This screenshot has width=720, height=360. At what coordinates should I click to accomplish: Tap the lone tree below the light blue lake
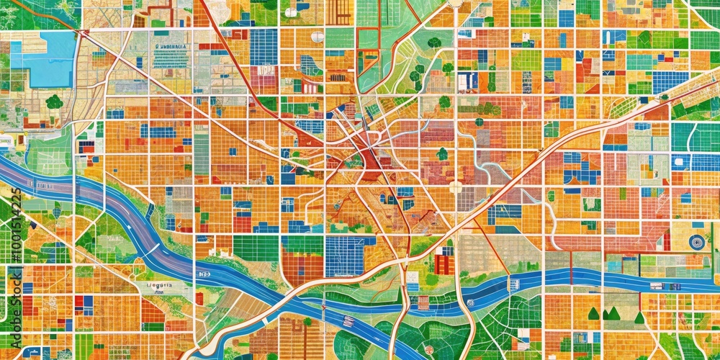pos(54,102)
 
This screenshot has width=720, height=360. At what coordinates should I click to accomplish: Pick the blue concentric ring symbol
pos(696,242)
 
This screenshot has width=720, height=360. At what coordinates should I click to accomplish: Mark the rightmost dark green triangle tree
pos(639,316)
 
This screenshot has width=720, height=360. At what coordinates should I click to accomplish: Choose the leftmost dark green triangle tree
pos(593,313)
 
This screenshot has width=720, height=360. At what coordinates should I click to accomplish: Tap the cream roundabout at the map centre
pos(455,187)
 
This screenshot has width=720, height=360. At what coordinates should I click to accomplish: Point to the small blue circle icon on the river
pos(469,303)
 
